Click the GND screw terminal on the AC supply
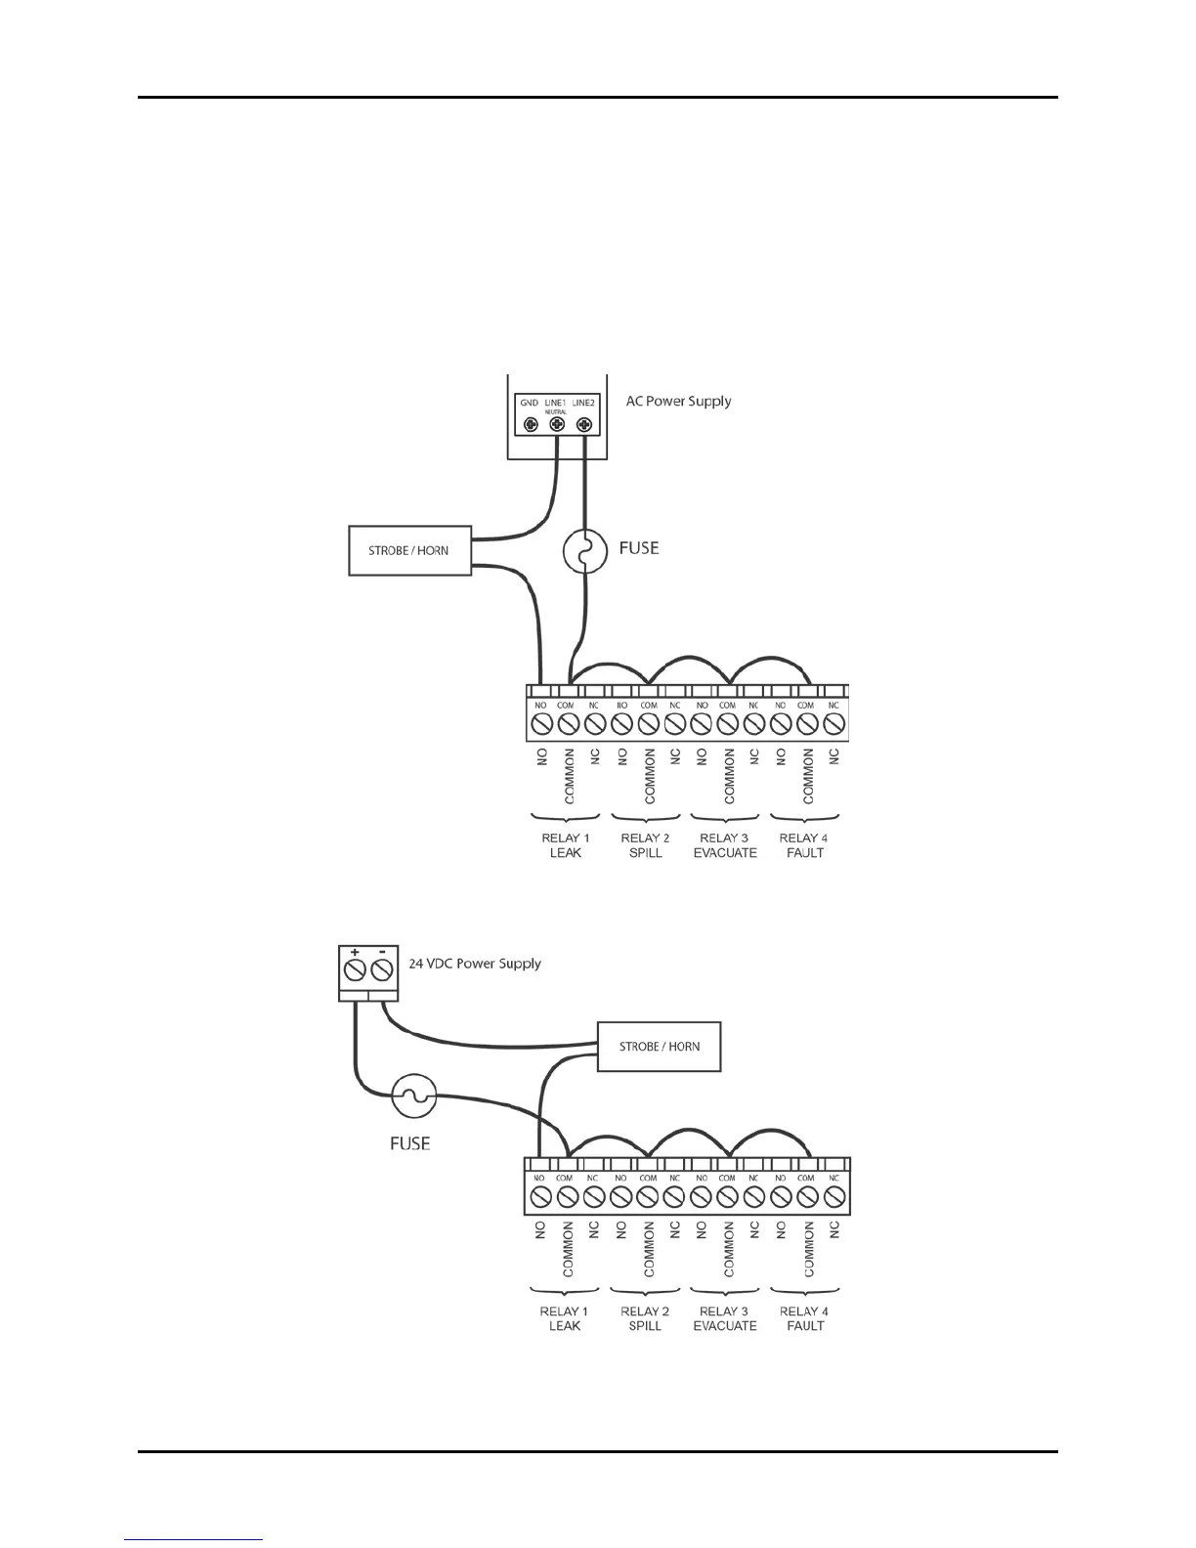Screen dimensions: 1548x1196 tap(530, 425)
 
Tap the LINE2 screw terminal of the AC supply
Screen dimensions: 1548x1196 tap(584, 425)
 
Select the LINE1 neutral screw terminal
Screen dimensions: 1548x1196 tap(557, 425)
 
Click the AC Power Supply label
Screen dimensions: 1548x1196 tap(678, 401)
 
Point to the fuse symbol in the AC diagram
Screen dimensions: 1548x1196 tap(584, 553)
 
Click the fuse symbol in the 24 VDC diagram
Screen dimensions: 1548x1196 tap(413, 1096)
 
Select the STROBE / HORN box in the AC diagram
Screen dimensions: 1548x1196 tap(409, 550)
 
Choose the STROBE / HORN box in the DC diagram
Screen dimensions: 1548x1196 tap(659, 1046)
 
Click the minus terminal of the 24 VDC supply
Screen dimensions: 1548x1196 tap(382, 970)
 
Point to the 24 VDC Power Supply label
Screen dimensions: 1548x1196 tap(475, 963)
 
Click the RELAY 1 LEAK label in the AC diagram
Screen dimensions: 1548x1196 tap(566, 845)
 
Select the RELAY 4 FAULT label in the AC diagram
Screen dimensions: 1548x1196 tap(804, 845)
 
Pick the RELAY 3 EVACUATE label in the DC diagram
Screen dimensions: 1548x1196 tap(725, 1318)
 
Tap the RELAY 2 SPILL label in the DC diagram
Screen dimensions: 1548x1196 tap(645, 1318)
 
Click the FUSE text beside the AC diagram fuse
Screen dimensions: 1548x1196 tap(639, 547)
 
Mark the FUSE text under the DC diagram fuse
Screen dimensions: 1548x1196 tap(409, 1142)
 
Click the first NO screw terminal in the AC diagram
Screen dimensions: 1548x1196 tap(541, 724)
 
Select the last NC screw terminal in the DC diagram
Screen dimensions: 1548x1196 tap(833, 1197)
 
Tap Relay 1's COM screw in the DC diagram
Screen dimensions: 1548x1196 tap(566, 1197)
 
